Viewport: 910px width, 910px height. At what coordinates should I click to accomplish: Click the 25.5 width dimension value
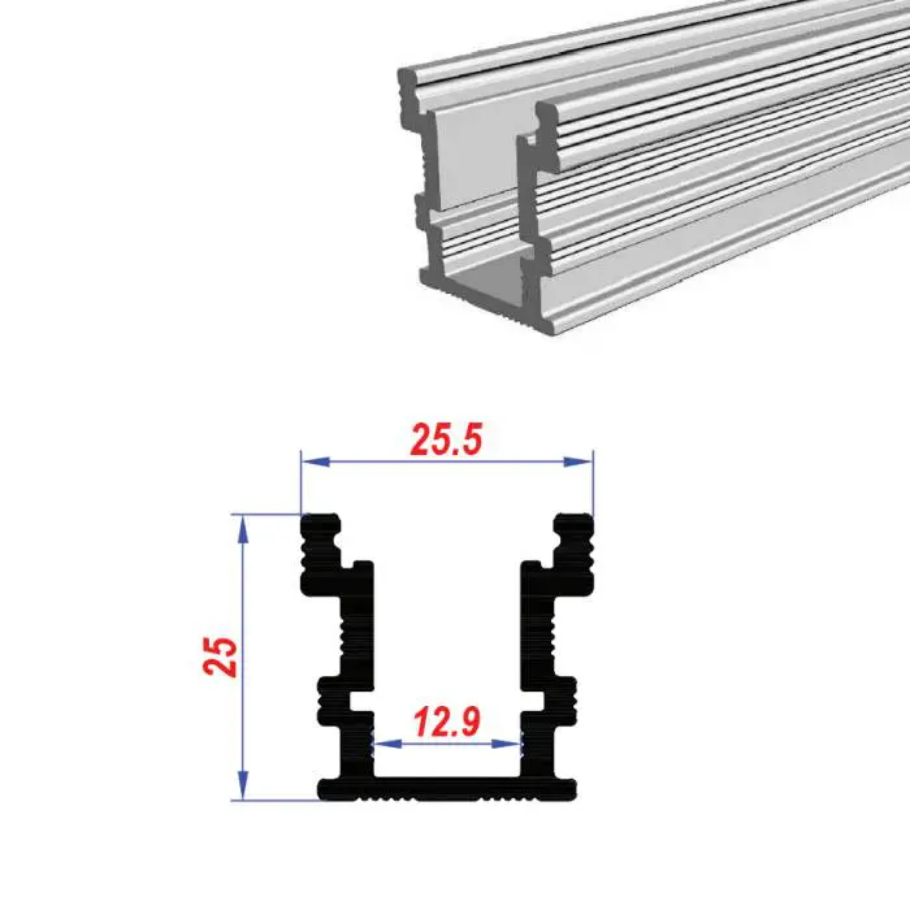tap(447, 440)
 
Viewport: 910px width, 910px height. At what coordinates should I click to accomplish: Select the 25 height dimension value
tap(220, 657)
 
